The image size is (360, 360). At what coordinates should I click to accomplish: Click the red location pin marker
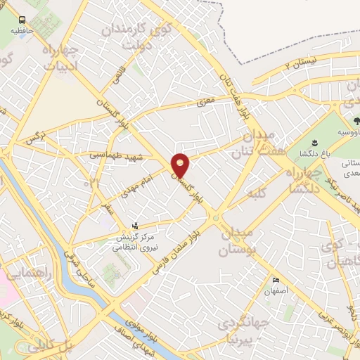[x=181, y=165]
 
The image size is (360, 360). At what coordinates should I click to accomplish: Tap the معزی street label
[x=205, y=103]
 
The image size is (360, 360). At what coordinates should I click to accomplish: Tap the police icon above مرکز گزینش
[x=136, y=226]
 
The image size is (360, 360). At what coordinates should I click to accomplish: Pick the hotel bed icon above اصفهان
[x=276, y=280]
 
